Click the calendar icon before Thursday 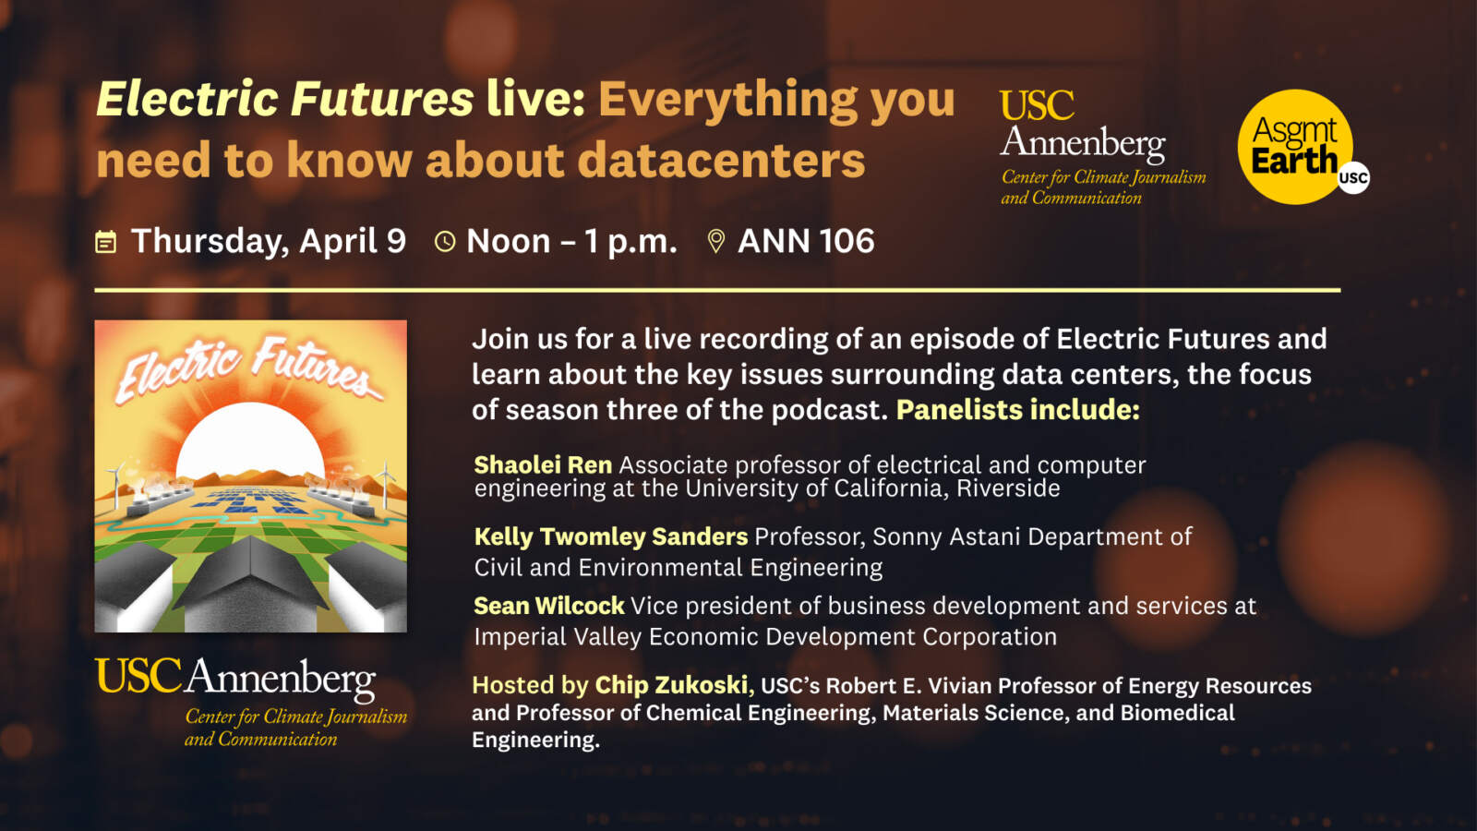pyautogui.click(x=105, y=242)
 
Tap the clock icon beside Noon pyautogui.click(x=445, y=242)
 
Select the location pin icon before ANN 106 pyautogui.click(x=716, y=242)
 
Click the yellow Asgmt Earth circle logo pyautogui.click(x=1295, y=147)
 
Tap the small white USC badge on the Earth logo pyautogui.click(x=1353, y=177)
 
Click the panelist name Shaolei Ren pyautogui.click(x=543, y=465)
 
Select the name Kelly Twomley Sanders pyautogui.click(x=610, y=536)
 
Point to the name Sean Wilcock pyautogui.click(x=548, y=606)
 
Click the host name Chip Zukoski pyautogui.click(x=670, y=685)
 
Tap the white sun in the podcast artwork pyautogui.click(x=250, y=442)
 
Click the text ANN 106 pyautogui.click(x=806, y=241)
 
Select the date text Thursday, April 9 pyautogui.click(x=269, y=242)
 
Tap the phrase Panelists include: pyautogui.click(x=1017, y=410)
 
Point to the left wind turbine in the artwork pyautogui.click(x=116, y=484)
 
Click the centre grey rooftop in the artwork pyautogui.click(x=250, y=581)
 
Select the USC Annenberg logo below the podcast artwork pyautogui.click(x=250, y=702)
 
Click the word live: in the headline pyautogui.click(x=535, y=99)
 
